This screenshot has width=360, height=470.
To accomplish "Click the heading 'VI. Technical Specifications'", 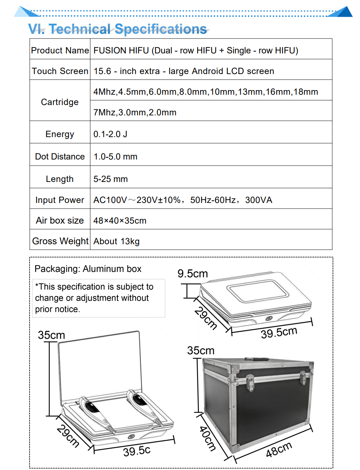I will click(x=117, y=29).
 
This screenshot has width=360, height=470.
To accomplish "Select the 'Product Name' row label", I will click(x=60, y=51).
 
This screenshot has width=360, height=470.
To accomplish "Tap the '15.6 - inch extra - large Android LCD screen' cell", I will click(x=184, y=71).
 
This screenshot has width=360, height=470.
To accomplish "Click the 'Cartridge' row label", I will click(x=60, y=102).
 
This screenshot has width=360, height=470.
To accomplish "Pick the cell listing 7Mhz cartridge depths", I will click(x=135, y=113).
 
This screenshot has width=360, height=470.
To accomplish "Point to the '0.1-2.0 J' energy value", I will click(x=110, y=134).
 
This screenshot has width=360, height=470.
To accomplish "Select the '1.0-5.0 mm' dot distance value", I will click(x=115, y=157).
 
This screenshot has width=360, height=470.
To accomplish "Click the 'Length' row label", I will click(x=60, y=179).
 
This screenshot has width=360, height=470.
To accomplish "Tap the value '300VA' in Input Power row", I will click(x=259, y=200).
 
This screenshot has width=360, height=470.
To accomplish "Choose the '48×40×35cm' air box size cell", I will click(x=120, y=221).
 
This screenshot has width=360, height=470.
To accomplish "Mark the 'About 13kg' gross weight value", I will click(x=116, y=241).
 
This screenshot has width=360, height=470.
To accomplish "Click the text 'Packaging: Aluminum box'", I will click(x=88, y=269).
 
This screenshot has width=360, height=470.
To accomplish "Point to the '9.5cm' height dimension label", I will click(x=193, y=274).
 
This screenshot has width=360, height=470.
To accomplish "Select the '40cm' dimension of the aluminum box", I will click(x=207, y=438).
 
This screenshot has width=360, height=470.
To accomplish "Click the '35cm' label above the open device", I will click(x=52, y=335).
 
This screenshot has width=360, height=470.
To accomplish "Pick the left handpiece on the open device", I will click(x=95, y=411).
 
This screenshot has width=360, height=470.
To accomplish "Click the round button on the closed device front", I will click(x=269, y=318).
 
